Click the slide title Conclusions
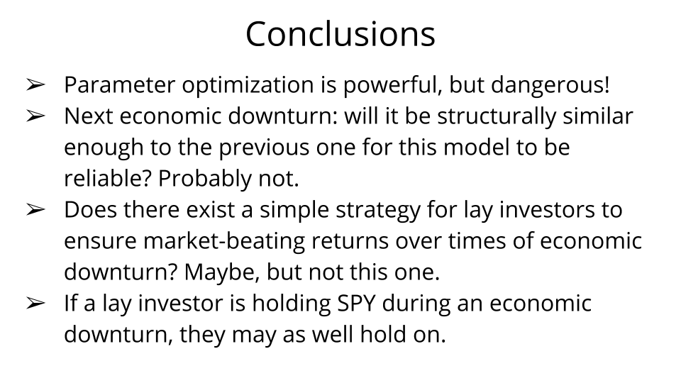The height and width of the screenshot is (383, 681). click(340, 34)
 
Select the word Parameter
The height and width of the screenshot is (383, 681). click(119, 84)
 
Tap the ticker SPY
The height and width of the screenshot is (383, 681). click(356, 304)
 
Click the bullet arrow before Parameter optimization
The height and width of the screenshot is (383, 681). click(35, 84)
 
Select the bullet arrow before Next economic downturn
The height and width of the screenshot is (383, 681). click(35, 116)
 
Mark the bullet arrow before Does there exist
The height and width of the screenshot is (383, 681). click(35, 210)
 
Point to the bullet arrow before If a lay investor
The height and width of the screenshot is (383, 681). click(35, 304)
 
